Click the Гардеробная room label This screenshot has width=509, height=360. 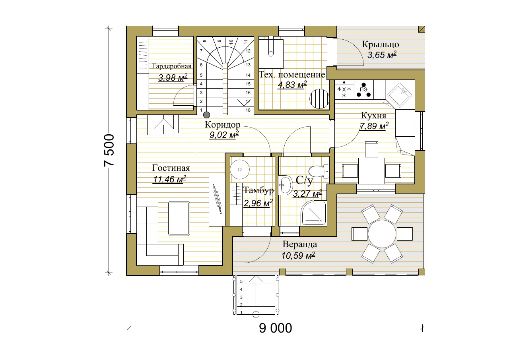point(171,66)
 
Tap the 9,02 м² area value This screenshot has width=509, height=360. point(224,135)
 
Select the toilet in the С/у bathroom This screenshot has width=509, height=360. point(319,171)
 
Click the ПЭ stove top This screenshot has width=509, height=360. point(363,90)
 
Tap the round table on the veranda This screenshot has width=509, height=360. point(382,234)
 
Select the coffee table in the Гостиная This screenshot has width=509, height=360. point(179,219)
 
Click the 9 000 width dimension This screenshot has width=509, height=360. point(276,328)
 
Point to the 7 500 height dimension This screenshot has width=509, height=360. point(109,151)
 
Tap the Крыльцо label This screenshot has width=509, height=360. point(381,44)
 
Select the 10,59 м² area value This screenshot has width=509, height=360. point(298,255)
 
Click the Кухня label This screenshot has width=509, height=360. point(373,116)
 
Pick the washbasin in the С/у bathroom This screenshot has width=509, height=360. point(285,185)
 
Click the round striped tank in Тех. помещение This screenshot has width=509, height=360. point(319,99)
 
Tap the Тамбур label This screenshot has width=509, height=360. point(258,190)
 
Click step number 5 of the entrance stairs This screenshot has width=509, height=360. point(241,281)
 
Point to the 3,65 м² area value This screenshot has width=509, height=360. point(382,55)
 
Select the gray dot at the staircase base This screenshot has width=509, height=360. point(206,115)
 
